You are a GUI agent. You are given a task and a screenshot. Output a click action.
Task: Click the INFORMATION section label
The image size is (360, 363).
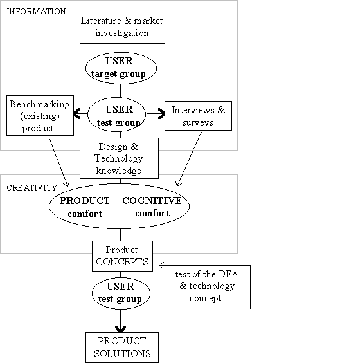(36, 12)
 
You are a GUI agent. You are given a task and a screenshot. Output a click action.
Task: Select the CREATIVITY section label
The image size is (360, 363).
(32, 187)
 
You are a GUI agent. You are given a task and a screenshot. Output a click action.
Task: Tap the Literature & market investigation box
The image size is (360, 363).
(122, 28)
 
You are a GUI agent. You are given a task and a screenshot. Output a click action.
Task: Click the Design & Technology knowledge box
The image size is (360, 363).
(119, 158)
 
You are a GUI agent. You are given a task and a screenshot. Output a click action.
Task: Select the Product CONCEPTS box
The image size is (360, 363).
(122, 256)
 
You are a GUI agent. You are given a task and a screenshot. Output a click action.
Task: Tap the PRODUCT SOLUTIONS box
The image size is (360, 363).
(122, 348)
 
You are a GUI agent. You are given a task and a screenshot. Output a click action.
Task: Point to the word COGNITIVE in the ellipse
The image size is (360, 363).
(152, 201)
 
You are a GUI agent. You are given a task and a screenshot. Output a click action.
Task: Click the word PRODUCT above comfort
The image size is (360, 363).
(85, 201)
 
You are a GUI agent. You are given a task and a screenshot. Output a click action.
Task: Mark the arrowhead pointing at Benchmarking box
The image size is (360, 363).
(76, 113)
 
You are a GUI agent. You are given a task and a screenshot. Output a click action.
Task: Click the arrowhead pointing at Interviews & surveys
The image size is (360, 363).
(161, 113)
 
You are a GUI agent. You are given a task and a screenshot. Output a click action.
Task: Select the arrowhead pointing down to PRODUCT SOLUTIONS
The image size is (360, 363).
(120, 329)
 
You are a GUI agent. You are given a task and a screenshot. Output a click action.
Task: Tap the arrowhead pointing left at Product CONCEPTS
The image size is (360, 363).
(161, 265)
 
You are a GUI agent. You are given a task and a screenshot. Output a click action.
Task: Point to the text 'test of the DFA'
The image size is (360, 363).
(207, 274)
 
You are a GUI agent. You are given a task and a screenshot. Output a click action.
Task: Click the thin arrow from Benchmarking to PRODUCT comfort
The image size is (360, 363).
(59, 162)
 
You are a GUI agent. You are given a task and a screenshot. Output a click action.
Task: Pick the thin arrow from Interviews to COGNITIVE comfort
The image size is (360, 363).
(188, 159)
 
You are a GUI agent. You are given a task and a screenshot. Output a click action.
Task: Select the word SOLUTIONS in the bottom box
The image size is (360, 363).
(122, 354)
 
